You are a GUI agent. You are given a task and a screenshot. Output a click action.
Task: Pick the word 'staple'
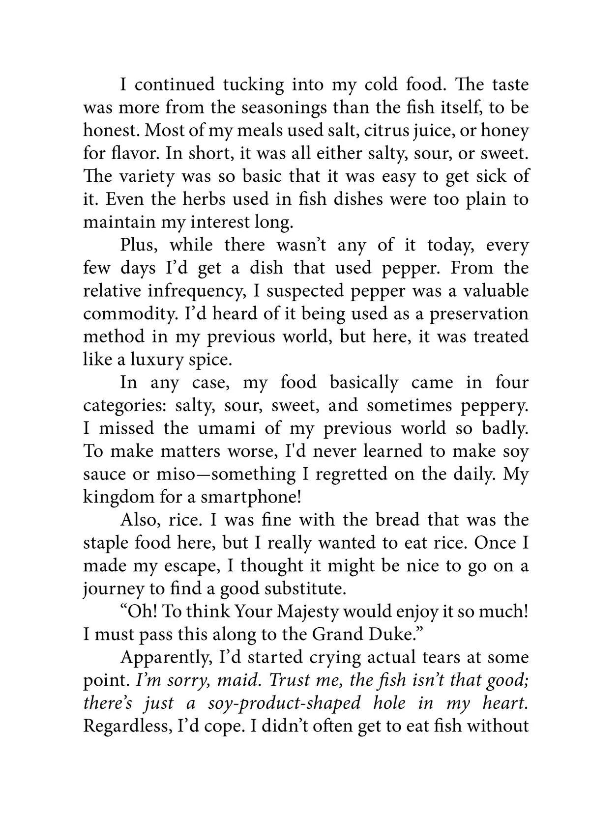click(108, 543)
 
